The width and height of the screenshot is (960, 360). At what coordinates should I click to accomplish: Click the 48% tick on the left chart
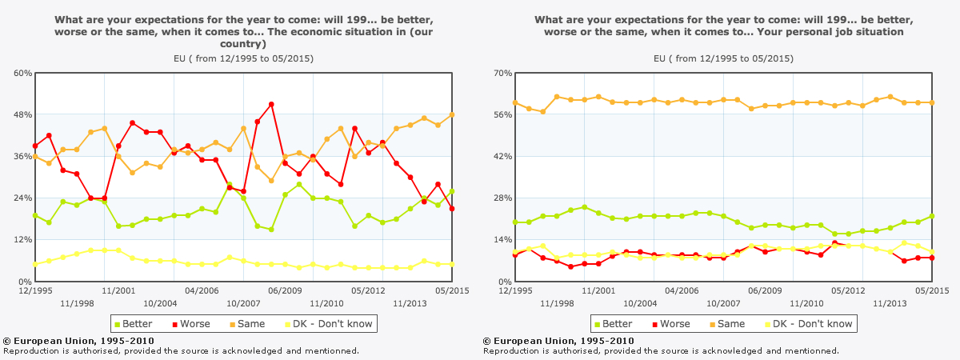[x=22, y=114]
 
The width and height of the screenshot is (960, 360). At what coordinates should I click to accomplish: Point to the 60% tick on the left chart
[x=22, y=73]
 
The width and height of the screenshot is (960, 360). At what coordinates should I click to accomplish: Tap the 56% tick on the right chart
[x=502, y=114]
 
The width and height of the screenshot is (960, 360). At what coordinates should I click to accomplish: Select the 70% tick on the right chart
[x=502, y=73]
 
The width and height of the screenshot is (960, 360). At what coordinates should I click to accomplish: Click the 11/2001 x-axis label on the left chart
[x=118, y=292]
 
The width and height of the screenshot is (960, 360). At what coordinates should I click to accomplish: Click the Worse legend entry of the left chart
[x=190, y=324]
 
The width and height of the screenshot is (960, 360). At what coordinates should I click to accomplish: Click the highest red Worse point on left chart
[x=272, y=104]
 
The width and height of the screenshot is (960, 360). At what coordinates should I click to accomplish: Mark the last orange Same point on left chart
[x=452, y=114]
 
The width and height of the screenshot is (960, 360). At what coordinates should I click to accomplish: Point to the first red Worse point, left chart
[x=35, y=146]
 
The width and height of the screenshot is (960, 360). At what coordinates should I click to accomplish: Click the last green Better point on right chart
[x=932, y=216]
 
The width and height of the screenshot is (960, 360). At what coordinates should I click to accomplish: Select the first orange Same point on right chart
[x=515, y=102]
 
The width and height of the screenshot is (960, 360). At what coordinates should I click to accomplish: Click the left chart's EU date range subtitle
[x=243, y=58]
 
